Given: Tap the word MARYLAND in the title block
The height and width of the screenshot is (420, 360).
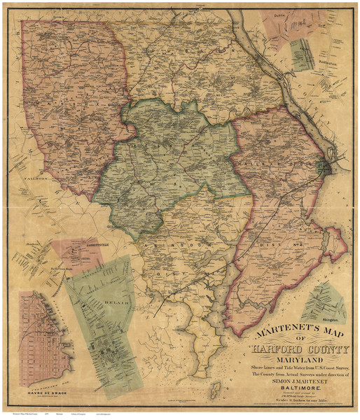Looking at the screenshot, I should coord(298,355).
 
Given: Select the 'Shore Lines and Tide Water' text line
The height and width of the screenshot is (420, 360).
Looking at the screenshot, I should coord(297,364).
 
